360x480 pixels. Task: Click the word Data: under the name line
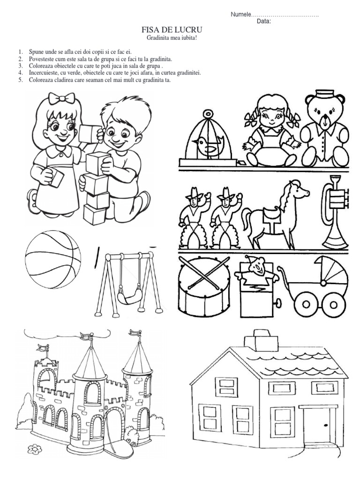pyautogui.click(x=264, y=22)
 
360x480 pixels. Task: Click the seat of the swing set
pyautogui.click(x=129, y=296)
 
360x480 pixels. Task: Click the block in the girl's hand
pyautogui.click(x=56, y=178)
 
